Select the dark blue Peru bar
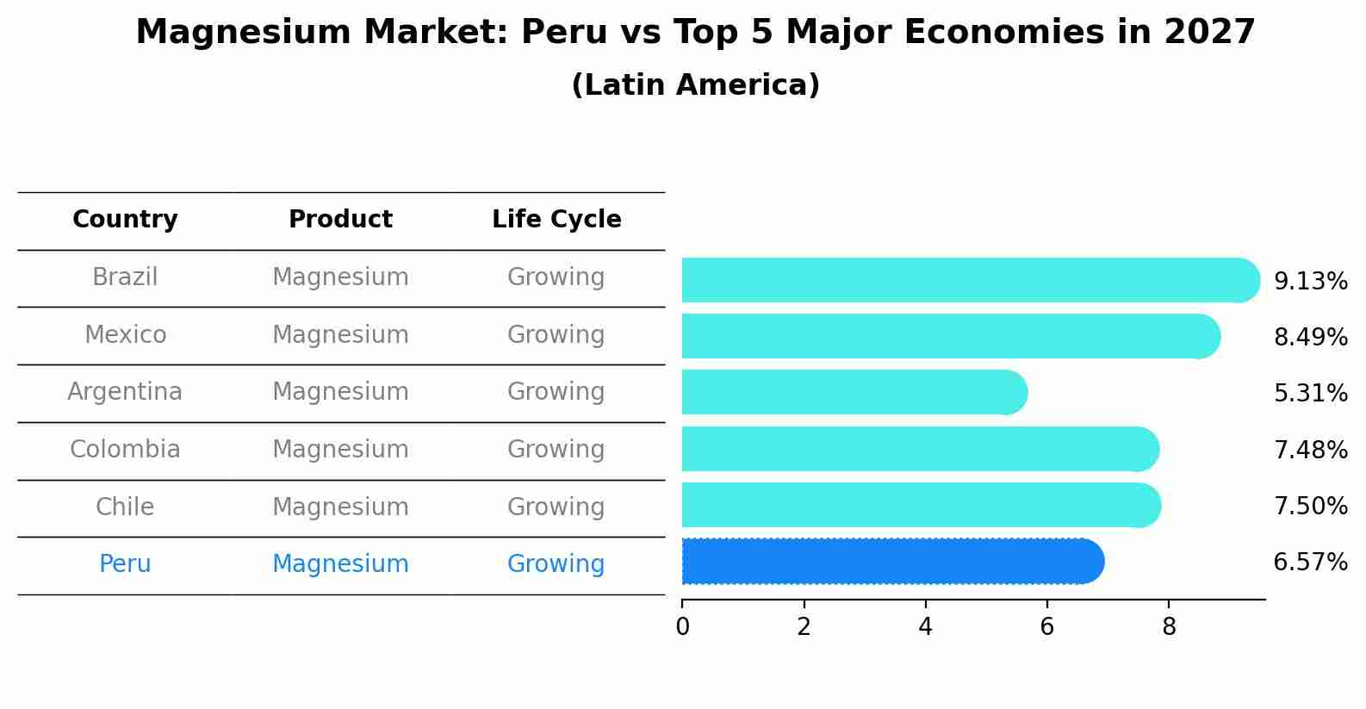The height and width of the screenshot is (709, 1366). tap(891, 562)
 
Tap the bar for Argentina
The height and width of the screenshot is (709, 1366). tap(853, 393)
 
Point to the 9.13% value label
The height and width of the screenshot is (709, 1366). tap(1310, 282)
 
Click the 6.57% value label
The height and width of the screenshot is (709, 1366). tap(1310, 563)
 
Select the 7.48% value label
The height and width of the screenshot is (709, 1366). tap(1310, 450)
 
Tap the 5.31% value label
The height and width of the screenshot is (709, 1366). tap(1310, 394)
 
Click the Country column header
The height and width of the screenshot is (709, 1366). tap(125, 220)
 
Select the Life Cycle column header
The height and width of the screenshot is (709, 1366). tap(556, 220)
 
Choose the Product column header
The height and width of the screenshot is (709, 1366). tap(340, 220)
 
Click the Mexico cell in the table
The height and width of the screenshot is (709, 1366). tap(125, 335)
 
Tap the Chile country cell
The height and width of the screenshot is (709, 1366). tap(125, 507)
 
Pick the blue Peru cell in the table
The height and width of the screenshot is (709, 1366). tap(125, 564)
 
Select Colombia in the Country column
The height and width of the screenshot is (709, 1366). tap(125, 450)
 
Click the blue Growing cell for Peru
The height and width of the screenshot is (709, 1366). tap(556, 564)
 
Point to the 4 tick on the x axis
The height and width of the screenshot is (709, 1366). tap(926, 627)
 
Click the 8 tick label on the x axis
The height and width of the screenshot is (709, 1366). tap(1169, 627)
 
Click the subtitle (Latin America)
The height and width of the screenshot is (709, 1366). tap(695, 85)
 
